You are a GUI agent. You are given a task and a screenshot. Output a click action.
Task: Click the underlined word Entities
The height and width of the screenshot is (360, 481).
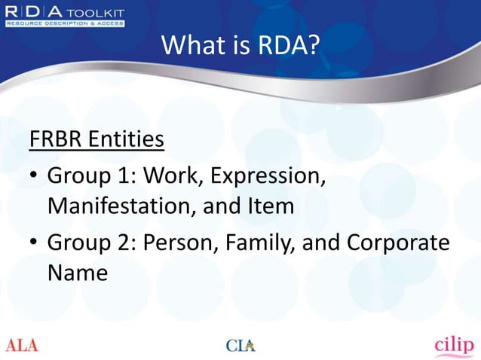click(127, 141)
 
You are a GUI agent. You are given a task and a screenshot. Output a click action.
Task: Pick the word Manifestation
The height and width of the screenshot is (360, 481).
click(118, 205)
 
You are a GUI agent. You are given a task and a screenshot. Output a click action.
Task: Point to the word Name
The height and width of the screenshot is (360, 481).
click(77, 272)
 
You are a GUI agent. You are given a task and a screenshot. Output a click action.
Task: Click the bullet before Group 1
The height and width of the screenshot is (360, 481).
click(34, 178)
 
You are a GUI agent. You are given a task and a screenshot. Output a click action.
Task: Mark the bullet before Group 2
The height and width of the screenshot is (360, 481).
click(34, 245)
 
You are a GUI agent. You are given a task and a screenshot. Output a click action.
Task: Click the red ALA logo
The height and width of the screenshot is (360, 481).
click(22, 346)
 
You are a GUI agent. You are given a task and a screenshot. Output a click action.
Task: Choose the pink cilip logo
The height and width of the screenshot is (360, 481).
click(454, 344)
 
